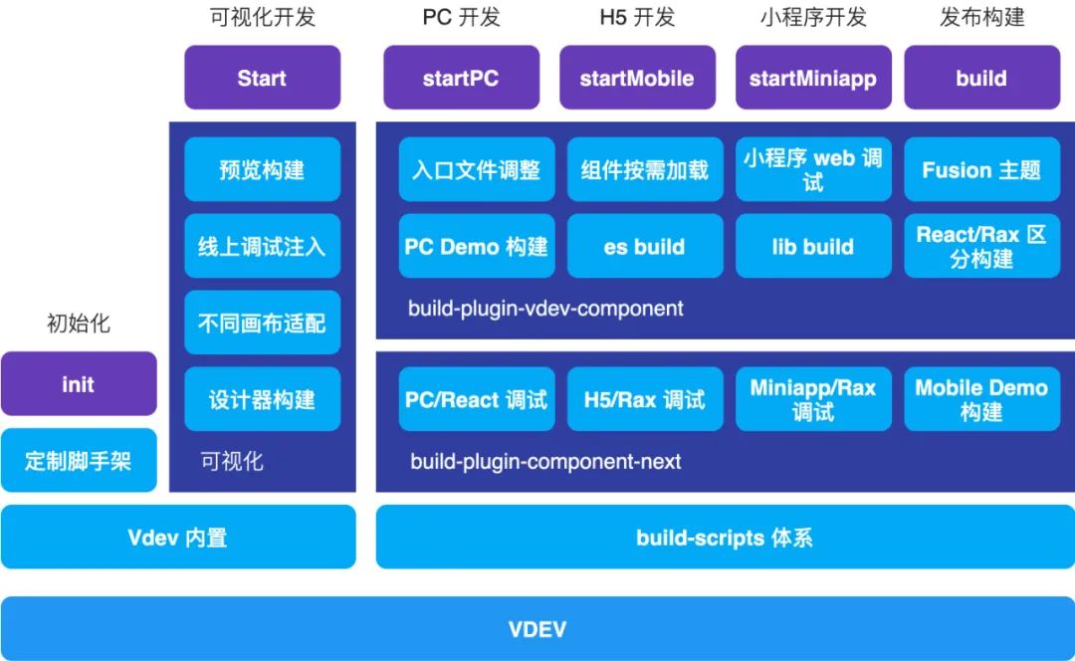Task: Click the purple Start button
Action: coord(262,78)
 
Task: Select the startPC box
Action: coord(461,78)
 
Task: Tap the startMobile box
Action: coord(637,78)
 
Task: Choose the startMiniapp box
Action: coord(813,78)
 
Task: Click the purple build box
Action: coord(981,78)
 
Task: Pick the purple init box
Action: coord(79,383)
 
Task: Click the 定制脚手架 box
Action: coord(79,460)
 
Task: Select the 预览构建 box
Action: coord(262,169)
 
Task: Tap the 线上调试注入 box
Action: coord(262,246)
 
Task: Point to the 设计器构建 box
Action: coord(262,399)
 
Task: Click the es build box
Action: coord(645,246)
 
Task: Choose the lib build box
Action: coord(813,246)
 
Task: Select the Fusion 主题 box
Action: coord(981,169)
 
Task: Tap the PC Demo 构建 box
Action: coord(477,246)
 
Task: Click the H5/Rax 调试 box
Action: coord(645,399)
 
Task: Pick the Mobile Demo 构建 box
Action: coord(981,399)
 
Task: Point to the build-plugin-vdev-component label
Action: coord(545,309)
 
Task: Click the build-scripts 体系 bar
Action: coord(725,538)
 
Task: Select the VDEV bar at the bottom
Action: coord(537,629)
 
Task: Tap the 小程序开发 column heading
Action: coord(813,17)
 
